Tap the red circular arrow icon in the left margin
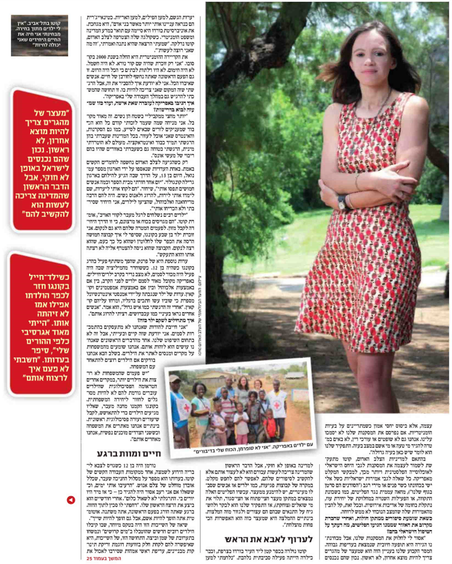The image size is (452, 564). coord(71,500)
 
